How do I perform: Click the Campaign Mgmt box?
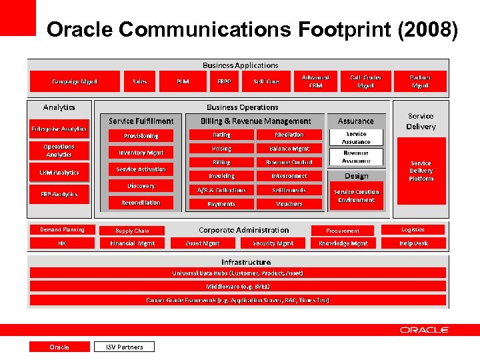[75, 81]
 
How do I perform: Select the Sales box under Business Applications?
[140, 81]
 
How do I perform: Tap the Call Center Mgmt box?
[365, 81]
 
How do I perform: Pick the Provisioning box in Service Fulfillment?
[141, 135]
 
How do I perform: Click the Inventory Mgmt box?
[141, 153]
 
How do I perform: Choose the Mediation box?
[289, 135]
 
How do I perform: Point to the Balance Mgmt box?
[289, 149]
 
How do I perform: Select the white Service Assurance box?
[356, 138]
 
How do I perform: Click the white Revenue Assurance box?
[356, 157]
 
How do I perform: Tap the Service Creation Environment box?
[357, 196]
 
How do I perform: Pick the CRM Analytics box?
[59, 173]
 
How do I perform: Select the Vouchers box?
[289, 204]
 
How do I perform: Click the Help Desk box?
[413, 243]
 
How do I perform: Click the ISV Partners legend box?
[124, 347]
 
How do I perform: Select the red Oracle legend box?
[59, 347]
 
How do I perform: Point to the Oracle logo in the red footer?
[425, 330]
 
